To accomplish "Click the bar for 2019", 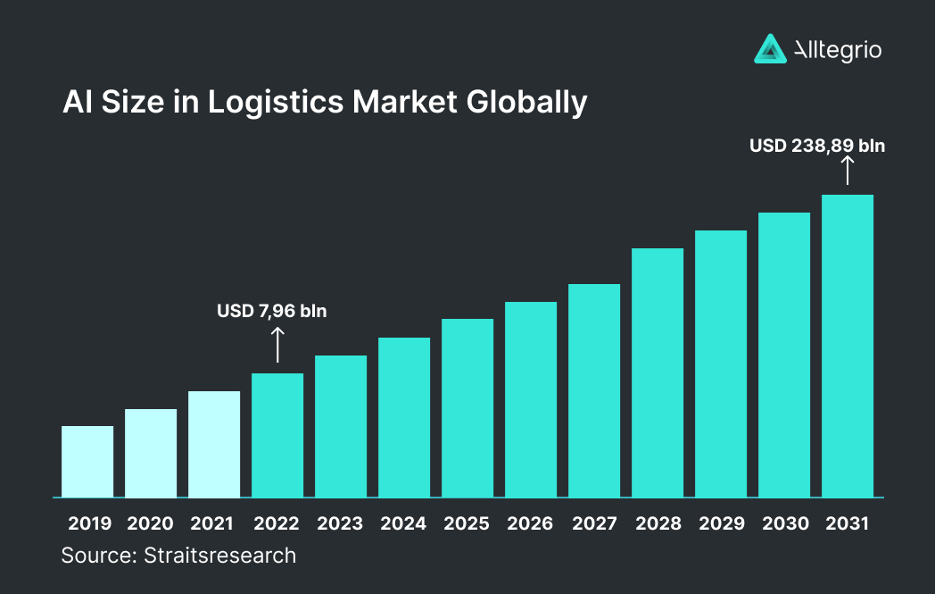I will pos(87,462).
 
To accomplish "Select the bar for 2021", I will pos(214,444).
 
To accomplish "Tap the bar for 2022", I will pos(277,435).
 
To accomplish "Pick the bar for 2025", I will pos(467,408).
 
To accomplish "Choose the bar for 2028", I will pos(658,372).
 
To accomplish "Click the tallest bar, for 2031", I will pos(848,346).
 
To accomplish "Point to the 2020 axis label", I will pos(151,523).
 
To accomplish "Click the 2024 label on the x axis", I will pos(404,523).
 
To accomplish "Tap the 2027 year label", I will pos(594,523).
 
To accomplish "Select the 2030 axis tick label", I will pos(784,523).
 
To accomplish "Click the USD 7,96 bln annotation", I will pos(272,312).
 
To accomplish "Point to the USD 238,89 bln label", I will pos(817,145).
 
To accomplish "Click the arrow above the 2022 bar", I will pos(277,345).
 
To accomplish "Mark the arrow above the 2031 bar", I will pos(848,170).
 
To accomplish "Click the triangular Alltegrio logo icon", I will pos(769,49).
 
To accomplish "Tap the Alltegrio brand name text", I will pos(838,50).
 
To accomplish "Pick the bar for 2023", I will pos(341,426).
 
